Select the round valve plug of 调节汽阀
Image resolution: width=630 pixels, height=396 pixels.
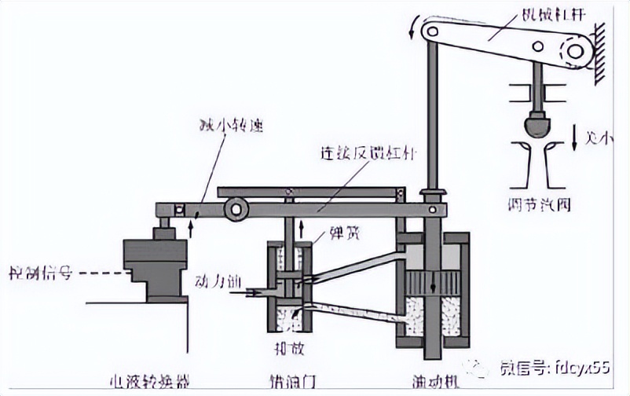pyautogui.click(x=537, y=124)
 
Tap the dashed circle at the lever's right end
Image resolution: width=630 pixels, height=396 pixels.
pyautogui.click(x=576, y=53)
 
